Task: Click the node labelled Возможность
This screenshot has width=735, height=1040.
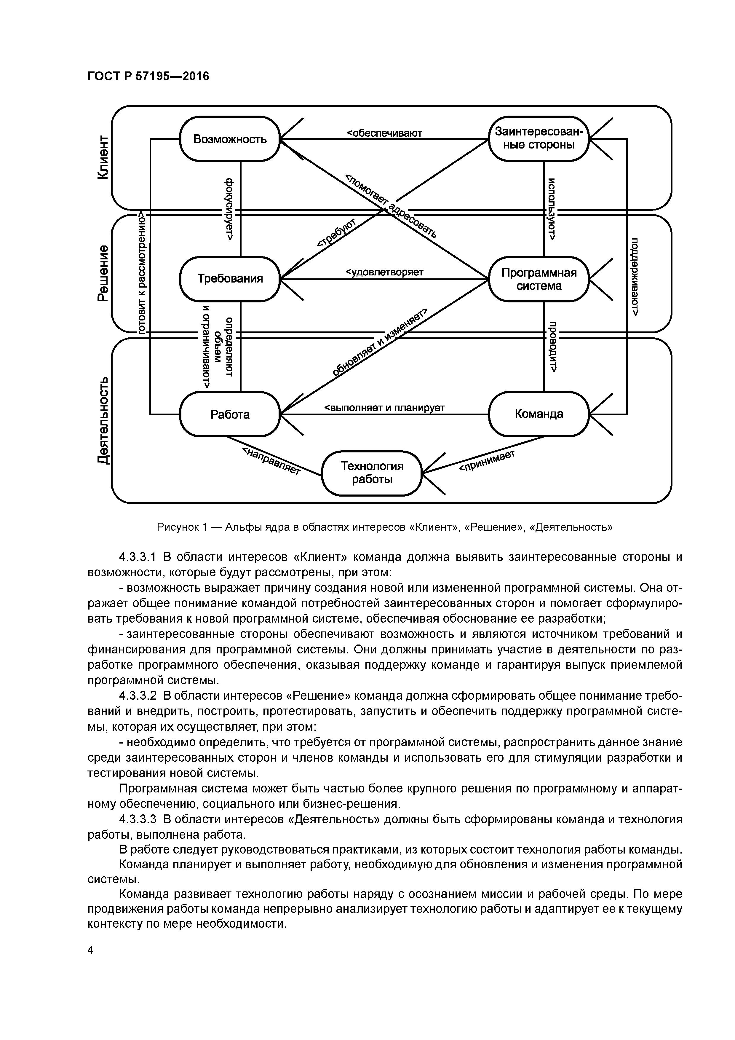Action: point(230,139)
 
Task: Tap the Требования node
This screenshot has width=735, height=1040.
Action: point(230,279)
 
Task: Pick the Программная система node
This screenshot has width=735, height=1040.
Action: point(539,279)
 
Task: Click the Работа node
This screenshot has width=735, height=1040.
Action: point(230,414)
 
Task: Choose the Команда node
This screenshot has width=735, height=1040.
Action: point(539,414)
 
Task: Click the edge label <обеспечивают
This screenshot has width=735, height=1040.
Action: point(384,133)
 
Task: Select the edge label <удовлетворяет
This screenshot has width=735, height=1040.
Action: point(384,272)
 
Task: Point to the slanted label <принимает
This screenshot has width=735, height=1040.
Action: point(487,461)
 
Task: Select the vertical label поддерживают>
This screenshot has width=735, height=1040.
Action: point(635,276)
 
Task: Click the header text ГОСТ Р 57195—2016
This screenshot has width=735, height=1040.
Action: point(148,76)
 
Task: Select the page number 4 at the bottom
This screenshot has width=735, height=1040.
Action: point(90,950)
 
